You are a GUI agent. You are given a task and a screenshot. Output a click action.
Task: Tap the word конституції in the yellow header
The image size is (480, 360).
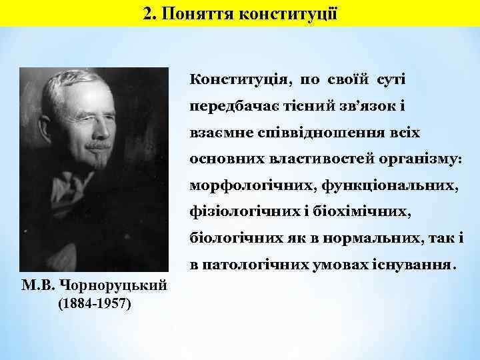tap(295, 13)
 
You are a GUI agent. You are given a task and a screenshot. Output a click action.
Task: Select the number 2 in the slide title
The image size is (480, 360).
tap(148, 13)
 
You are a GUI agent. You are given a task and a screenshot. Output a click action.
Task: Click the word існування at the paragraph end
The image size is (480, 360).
tap(415, 265)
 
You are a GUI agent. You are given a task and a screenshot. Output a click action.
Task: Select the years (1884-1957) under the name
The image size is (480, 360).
tap(95, 305)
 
